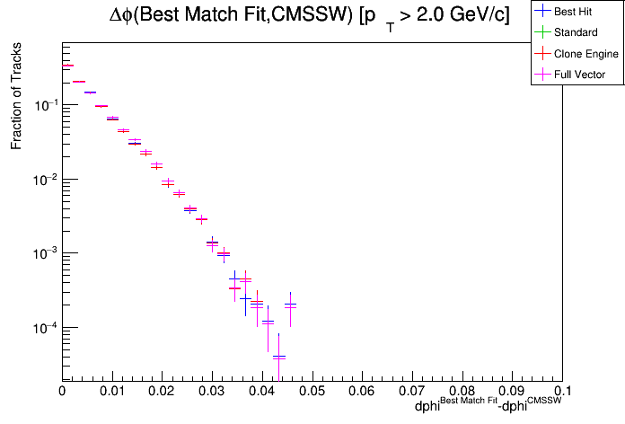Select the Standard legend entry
576,33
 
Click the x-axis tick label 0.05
312,392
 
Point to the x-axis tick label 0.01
111,392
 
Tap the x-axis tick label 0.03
212,392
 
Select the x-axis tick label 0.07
412,392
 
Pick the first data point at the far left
66,66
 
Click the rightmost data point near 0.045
290,305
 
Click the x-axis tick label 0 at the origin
62,392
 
